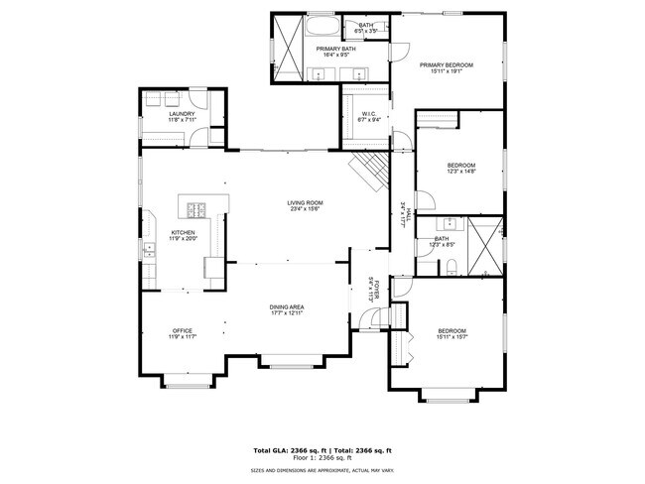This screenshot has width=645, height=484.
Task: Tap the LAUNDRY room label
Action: (182, 114)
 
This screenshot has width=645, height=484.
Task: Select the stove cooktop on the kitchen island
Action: (196, 208)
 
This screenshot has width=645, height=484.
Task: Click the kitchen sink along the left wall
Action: (148, 249)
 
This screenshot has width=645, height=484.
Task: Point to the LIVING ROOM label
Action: (307, 202)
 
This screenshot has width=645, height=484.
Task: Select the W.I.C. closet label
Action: (368, 113)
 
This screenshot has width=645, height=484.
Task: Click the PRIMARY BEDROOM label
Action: (446, 65)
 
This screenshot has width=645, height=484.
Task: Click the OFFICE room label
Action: (182, 330)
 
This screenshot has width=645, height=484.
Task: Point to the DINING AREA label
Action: (286, 307)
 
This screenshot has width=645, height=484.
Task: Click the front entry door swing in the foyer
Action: (370, 319)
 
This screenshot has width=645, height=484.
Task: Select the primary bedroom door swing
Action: (400, 51)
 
